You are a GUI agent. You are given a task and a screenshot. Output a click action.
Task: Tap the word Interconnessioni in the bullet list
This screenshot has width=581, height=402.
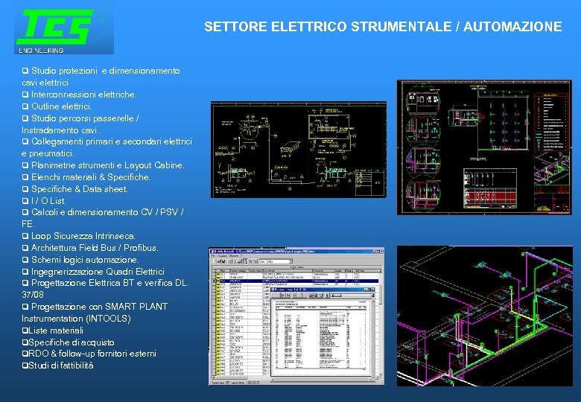[61, 95]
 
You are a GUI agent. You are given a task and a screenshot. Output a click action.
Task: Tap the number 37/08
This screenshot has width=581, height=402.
[33, 295]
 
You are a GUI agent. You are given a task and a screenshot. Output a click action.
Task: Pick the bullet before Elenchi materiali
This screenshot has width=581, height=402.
[25, 177]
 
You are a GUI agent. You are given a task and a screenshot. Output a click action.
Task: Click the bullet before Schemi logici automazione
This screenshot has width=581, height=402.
[25, 260]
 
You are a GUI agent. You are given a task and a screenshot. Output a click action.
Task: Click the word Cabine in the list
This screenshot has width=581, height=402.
[168, 165]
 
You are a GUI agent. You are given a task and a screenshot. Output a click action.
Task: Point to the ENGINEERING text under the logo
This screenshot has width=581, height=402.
[42, 50]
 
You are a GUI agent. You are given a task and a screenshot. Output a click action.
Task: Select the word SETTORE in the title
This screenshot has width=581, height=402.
[228, 27]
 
